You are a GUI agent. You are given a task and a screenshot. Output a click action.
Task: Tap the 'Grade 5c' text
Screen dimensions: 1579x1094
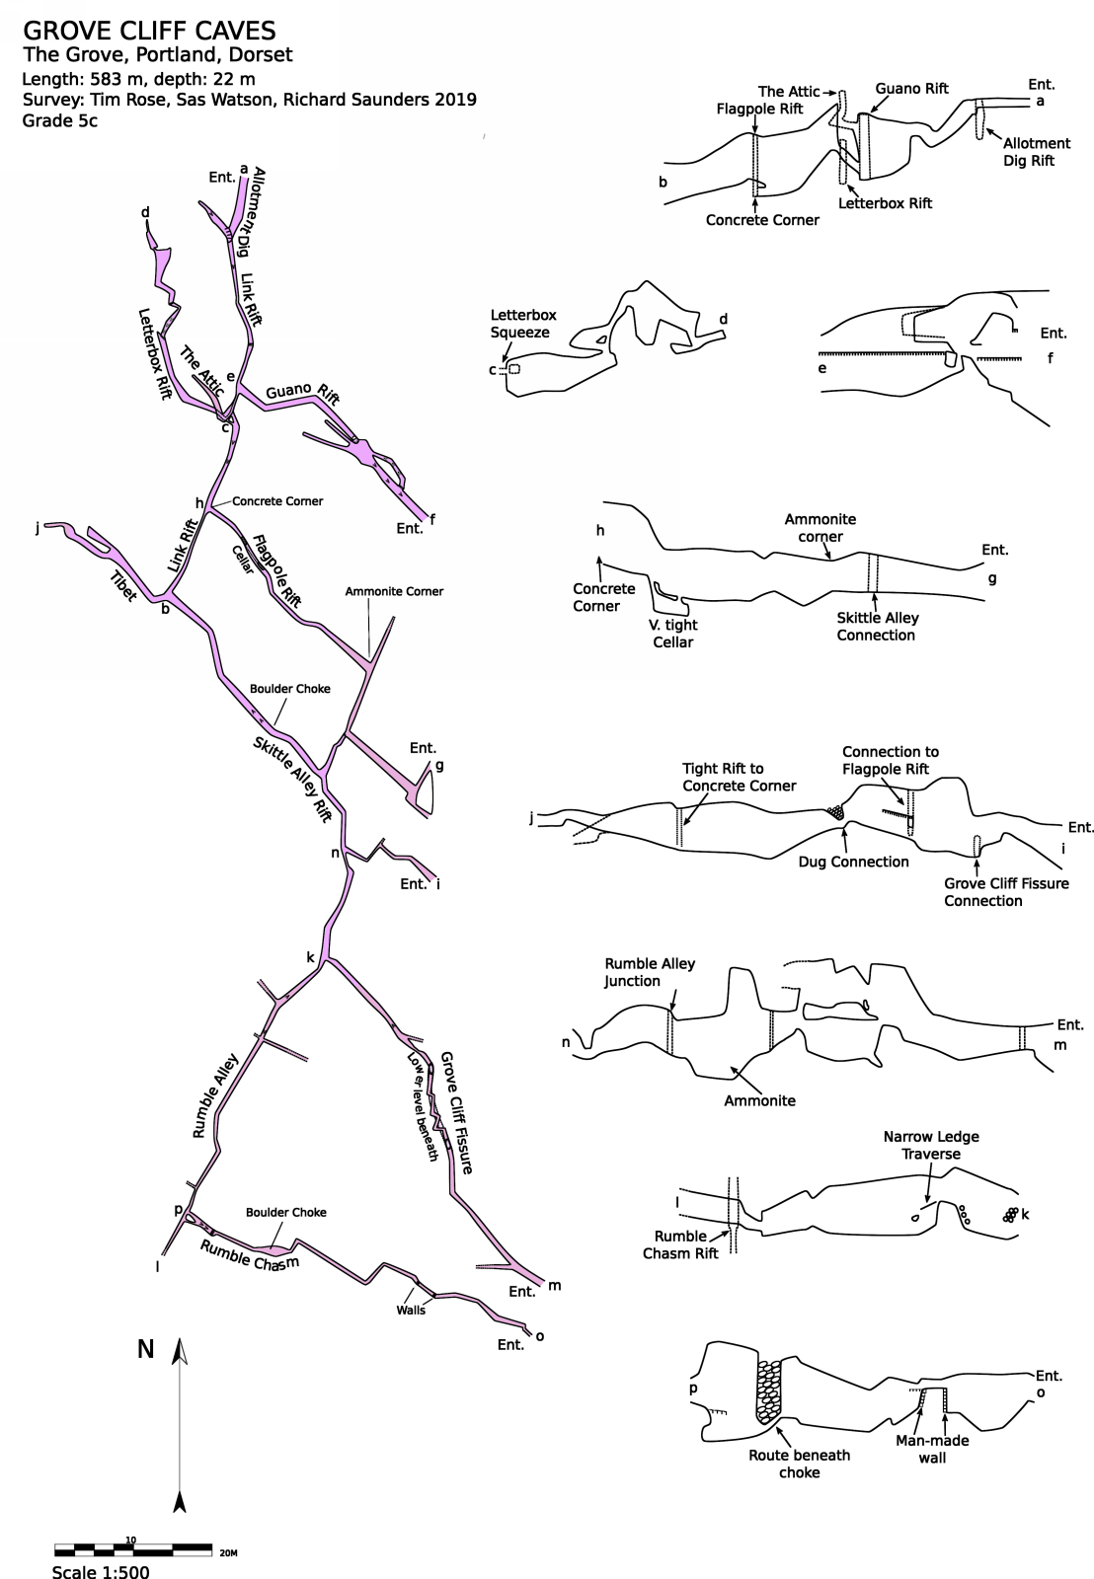pyautogui.click(x=59, y=121)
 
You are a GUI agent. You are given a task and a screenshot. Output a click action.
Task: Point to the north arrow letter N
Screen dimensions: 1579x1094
pyautogui.click(x=145, y=1349)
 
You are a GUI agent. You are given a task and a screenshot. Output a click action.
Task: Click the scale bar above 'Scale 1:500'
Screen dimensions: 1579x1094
pyautogui.click(x=132, y=1547)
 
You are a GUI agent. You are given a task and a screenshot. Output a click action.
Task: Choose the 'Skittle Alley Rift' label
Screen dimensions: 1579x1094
pyautogui.click(x=291, y=779)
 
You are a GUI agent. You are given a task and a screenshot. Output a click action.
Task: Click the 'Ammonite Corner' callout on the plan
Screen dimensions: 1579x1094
pyautogui.click(x=394, y=591)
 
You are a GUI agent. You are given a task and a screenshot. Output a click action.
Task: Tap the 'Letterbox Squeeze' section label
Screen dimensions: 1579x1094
pyautogui.click(x=523, y=324)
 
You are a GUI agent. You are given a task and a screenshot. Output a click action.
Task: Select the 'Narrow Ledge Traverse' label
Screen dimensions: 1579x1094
pyautogui.click(x=931, y=1145)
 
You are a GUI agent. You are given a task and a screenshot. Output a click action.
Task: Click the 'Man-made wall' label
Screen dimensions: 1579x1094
pyautogui.click(x=932, y=1449)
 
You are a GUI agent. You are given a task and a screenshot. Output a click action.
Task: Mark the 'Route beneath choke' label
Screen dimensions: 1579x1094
pyautogui.click(x=799, y=1464)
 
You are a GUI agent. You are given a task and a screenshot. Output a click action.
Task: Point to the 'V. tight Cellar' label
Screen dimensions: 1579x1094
pyautogui.click(x=673, y=634)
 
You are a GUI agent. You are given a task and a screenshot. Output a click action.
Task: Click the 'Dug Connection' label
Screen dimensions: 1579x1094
pyautogui.click(x=853, y=862)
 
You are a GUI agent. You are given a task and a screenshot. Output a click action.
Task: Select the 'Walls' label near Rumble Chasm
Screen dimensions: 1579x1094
pyautogui.click(x=411, y=1310)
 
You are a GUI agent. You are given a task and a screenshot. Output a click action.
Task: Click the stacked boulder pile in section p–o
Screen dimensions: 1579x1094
pyautogui.click(x=767, y=1391)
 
